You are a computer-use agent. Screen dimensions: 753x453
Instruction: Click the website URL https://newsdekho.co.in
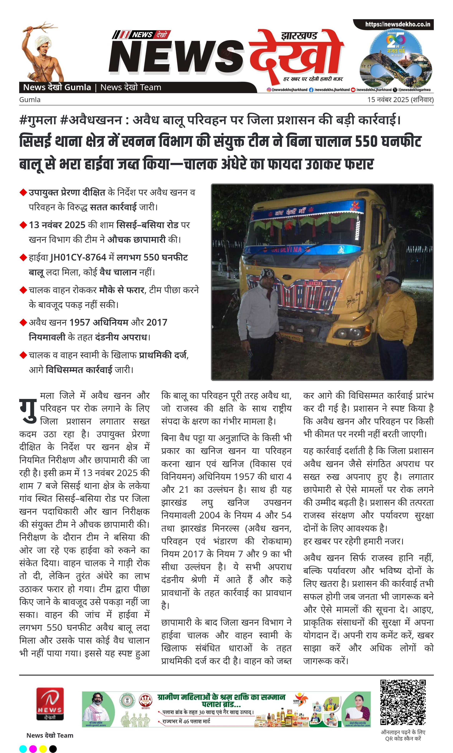pyautogui.click(x=398, y=24)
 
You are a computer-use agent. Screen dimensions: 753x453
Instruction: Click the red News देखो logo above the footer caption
pyautogui.click(x=50, y=703)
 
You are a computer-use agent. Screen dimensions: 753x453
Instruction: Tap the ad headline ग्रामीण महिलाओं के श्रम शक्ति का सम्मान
pyautogui.click(x=221, y=697)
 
